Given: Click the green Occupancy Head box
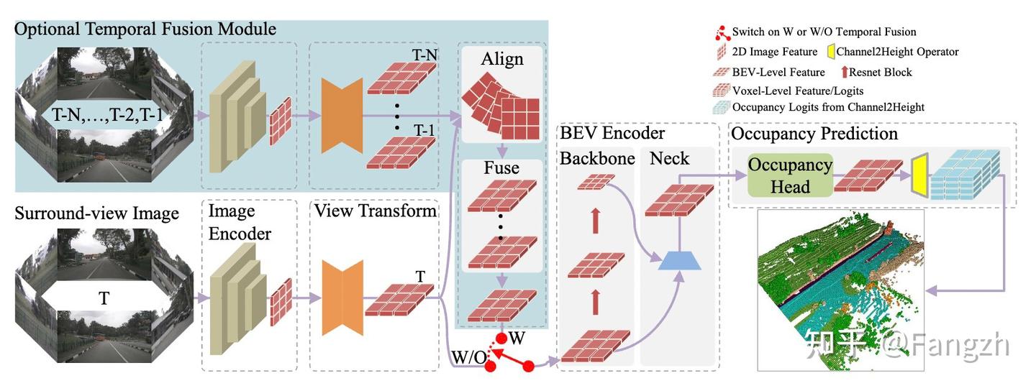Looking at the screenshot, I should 790,175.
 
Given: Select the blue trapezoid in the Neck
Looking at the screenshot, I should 680,261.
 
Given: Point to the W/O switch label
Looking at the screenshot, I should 468,355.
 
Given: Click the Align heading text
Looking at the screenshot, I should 502,59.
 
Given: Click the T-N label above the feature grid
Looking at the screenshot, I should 424,55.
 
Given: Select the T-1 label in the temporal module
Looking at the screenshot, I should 424,130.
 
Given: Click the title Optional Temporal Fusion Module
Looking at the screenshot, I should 145,29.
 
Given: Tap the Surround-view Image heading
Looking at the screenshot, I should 96,213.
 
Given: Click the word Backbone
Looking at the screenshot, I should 597,158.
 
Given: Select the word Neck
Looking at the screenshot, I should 669,158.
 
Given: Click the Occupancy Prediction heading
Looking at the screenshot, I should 814,134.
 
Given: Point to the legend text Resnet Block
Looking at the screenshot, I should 880,72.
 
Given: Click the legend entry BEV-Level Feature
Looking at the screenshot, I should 778,72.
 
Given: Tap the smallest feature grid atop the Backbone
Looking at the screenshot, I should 593,183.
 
